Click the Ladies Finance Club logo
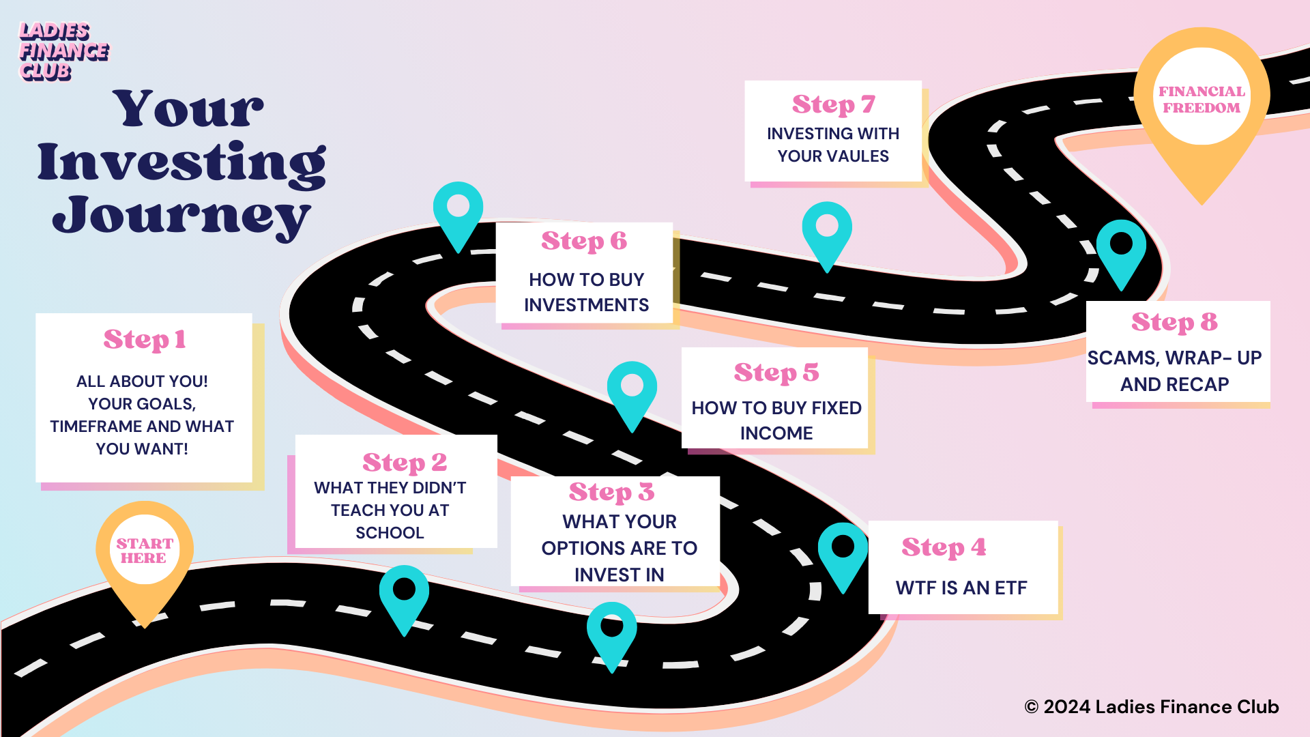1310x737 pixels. coord(63,51)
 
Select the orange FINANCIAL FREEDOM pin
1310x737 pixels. coord(1202,100)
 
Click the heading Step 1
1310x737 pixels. coord(144,340)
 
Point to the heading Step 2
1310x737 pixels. coord(405,463)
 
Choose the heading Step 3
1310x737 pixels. coord(611,492)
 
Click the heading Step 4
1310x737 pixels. coord(944,547)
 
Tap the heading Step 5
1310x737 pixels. coord(776,373)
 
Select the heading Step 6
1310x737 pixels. coord(583,241)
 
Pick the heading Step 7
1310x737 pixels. coord(833,104)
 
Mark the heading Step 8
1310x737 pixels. coord(1174,322)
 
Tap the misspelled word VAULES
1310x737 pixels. coord(858,156)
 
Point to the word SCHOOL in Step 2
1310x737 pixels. coord(390,533)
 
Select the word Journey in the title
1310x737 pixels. coord(181,216)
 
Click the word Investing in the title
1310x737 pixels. coord(181,163)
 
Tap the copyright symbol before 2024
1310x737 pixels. coord(1031,708)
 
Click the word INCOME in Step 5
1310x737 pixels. coord(776,433)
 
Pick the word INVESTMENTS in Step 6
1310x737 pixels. coord(586,305)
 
